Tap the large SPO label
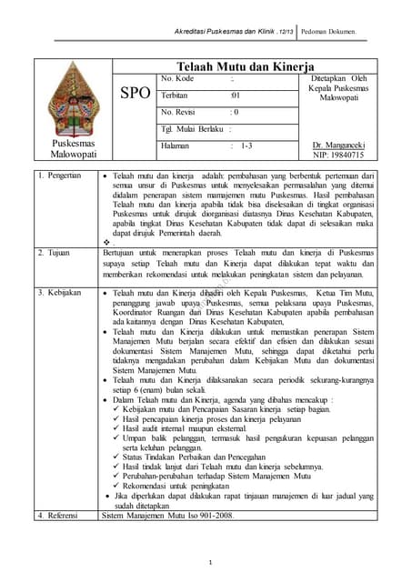(x=133, y=95)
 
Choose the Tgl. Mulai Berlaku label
(x=190, y=128)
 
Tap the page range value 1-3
(x=247, y=145)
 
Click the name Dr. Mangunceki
(x=336, y=145)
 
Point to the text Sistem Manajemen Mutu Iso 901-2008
(x=166, y=516)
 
